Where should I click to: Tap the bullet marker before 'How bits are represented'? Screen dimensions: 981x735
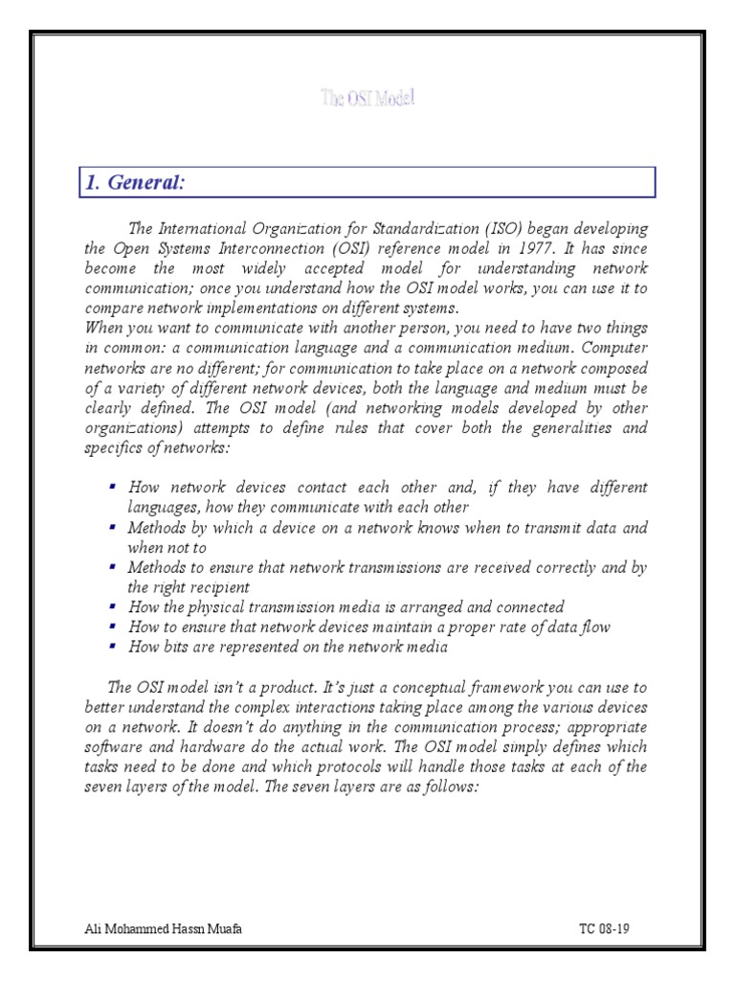(115, 647)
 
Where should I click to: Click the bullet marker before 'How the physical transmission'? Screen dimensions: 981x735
(115, 607)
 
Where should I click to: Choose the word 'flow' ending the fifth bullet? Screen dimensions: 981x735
(595, 627)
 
